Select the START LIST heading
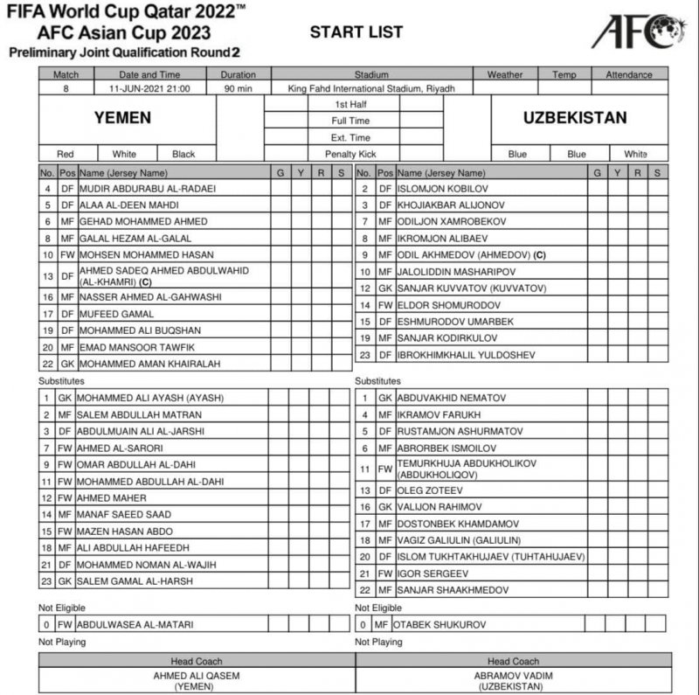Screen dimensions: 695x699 tap(356, 32)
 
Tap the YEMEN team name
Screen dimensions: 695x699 tap(123, 118)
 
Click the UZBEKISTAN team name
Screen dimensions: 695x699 tap(575, 118)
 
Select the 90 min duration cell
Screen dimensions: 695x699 tap(238, 88)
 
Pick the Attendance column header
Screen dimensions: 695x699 tap(629, 74)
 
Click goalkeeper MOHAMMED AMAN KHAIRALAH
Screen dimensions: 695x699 tap(142, 363)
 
